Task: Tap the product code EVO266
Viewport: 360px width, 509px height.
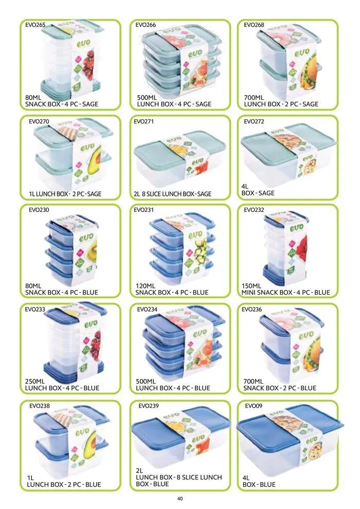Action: [146, 25]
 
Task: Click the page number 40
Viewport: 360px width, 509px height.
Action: [179, 498]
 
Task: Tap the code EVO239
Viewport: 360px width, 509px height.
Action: [149, 406]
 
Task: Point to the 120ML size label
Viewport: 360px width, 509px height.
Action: [146, 285]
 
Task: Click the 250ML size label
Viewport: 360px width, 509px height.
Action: [36, 381]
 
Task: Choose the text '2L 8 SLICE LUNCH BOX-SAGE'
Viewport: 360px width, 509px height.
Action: [172, 194]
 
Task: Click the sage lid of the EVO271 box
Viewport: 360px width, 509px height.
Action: [149, 152]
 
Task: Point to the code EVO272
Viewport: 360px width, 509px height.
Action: [253, 122]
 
